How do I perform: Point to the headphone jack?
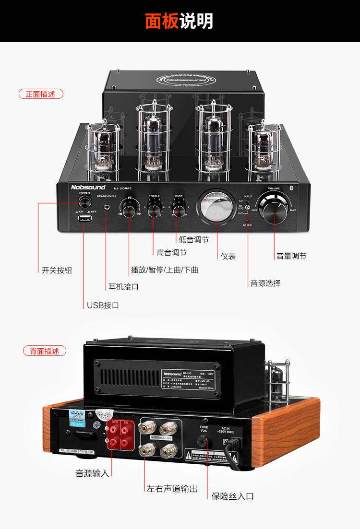point(107,207)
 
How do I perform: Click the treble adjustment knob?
point(154,207)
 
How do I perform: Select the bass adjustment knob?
point(179,207)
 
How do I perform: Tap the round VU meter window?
point(217,207)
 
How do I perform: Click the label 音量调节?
point(291,256)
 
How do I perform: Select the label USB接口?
point(103,306)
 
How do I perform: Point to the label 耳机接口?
point(123,287)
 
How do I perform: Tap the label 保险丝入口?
point(233,496)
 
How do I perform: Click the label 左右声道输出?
point(172,489)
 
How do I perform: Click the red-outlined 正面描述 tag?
point(41,94)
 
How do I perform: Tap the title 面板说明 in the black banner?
point(180,22)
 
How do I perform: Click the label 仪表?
point(228,257)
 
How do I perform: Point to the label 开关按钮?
point(57,270)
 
